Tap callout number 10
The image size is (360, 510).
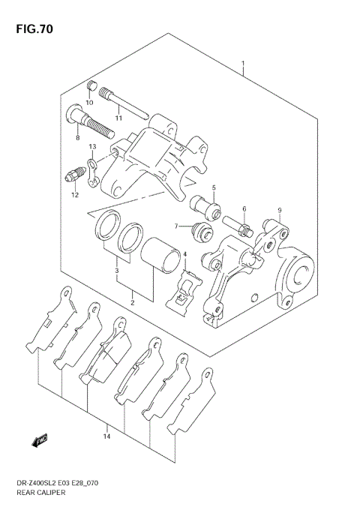[89, 102]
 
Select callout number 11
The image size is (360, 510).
[118, 117]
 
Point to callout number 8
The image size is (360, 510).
[76, 138]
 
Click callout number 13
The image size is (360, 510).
[93, 146]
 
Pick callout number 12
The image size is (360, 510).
[75, 195]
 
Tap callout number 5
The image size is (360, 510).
[213, 187]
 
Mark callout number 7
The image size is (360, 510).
[177, 226]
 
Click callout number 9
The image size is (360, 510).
[279, 210]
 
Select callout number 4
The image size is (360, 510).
[184, 254]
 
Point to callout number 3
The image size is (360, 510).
[116, 271]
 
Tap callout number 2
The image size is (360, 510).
[132, 302]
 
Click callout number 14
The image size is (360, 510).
[107, 436]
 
